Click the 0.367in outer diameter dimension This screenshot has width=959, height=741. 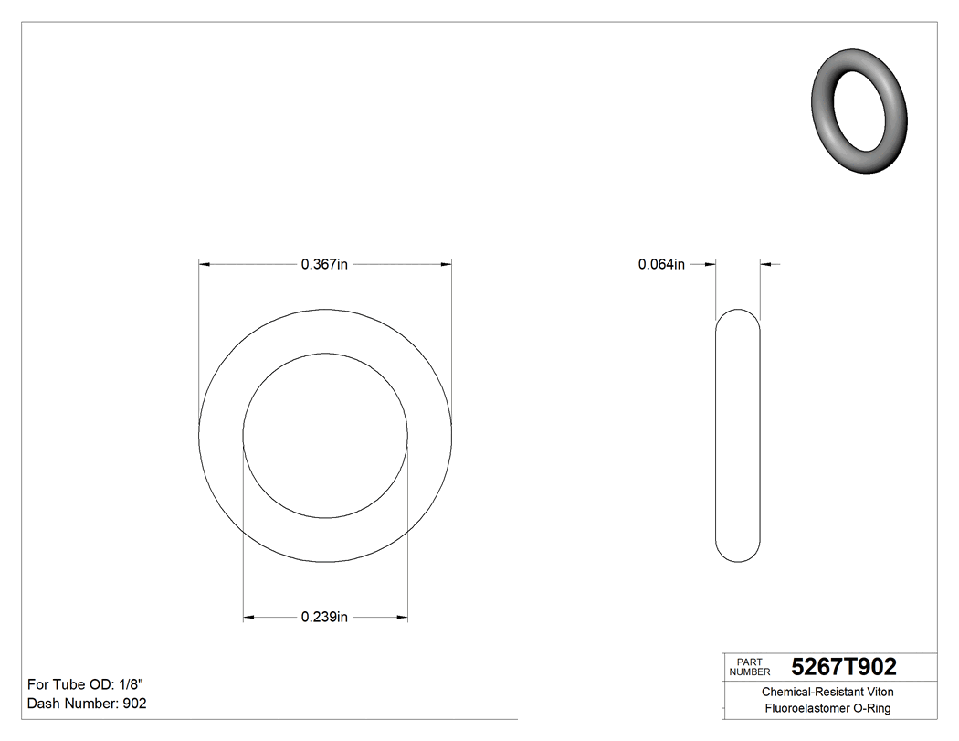(x=324, y=265)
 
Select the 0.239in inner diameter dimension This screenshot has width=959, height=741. (x=324, y=618)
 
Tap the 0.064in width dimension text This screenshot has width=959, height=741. (x=661, y=265)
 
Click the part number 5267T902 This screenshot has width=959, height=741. (x=843, y=667)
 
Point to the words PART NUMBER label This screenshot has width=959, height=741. (x=750, y=667)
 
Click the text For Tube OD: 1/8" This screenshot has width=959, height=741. (x=86, y=684)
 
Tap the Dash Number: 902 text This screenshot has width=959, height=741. (x=87, y=704)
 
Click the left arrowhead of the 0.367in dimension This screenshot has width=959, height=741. (x=205, y=265)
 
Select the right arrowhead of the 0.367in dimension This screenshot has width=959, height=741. (x=446, y=265)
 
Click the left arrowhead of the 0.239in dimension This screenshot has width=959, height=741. (x=248, y=618)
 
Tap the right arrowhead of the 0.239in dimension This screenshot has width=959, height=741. (x=402, y=618)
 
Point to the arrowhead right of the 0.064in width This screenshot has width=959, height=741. (x=766, y=265)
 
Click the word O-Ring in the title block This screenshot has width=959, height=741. (x=871, y=709)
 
